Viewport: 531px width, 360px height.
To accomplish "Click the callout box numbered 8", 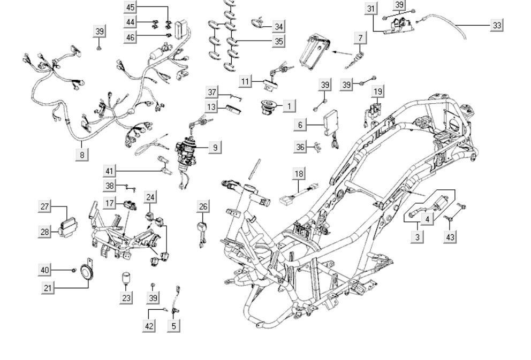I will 82,155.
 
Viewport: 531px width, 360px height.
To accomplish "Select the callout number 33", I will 497,25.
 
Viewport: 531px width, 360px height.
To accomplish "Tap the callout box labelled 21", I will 48,288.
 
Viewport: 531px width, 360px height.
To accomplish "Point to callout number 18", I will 299,173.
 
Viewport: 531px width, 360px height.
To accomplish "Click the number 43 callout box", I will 451,236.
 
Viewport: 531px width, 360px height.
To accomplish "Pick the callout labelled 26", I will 203,206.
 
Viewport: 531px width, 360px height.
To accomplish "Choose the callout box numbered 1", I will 289,105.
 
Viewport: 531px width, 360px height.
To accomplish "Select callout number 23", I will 126,297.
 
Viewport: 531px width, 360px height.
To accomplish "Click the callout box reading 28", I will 45,232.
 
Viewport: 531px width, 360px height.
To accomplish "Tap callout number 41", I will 110,171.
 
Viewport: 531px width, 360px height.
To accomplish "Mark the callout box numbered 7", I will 360,38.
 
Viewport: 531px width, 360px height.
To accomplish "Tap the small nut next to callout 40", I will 74,271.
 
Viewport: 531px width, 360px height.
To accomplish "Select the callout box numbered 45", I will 131,7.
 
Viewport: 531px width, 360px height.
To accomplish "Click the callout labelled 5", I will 173,325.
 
